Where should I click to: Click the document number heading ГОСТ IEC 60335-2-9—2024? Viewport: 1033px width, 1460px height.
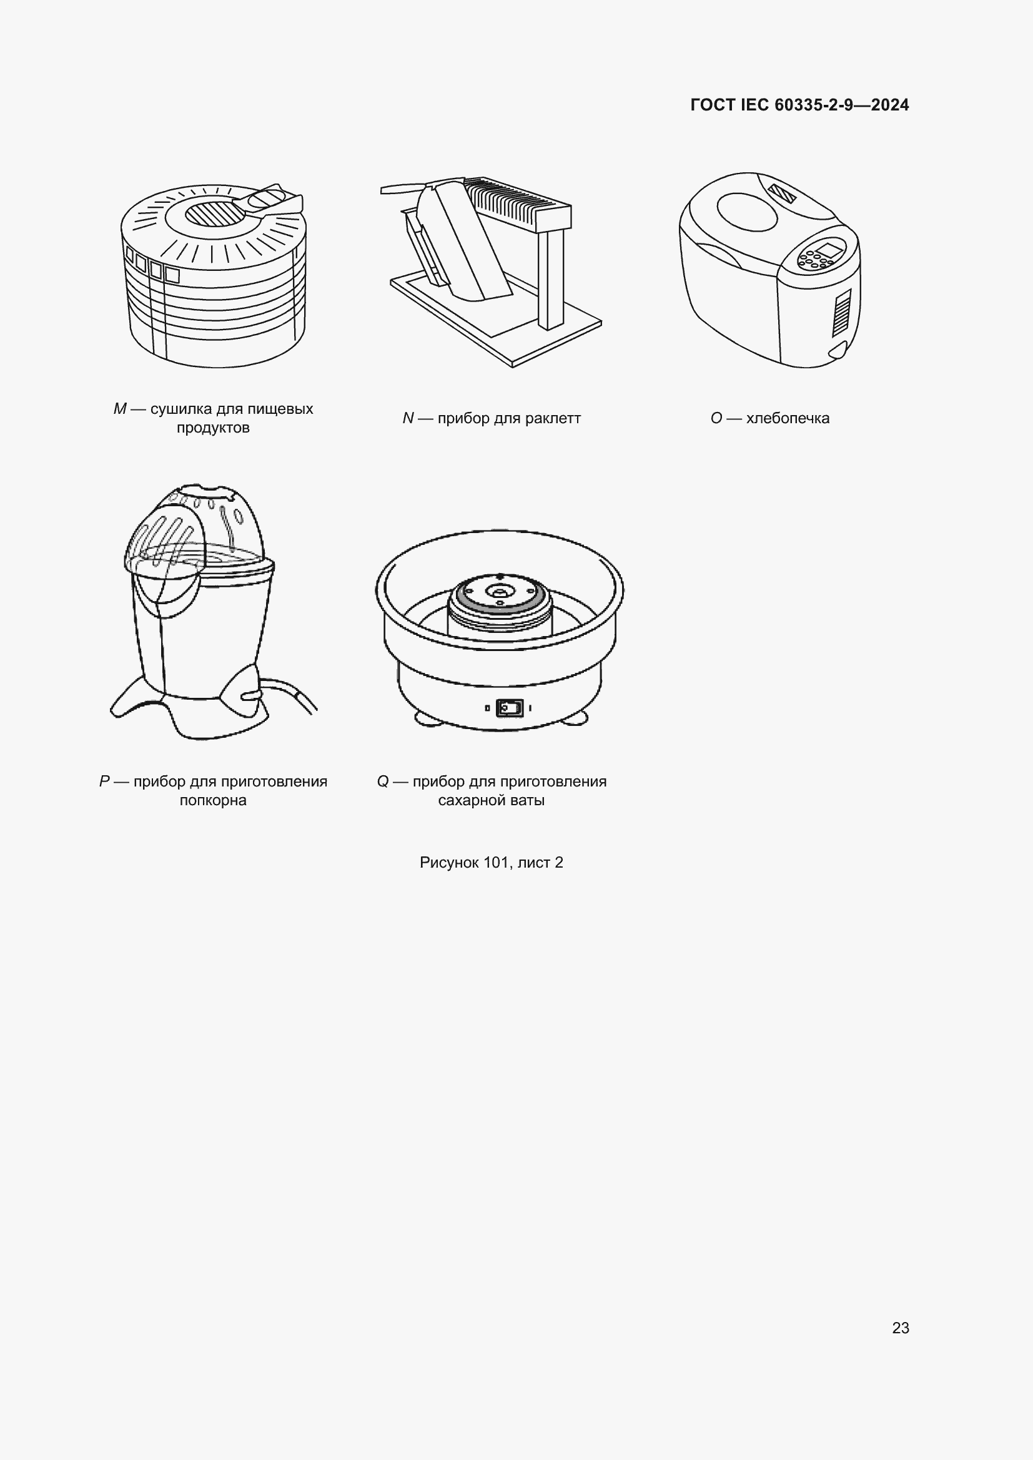[x=799, y=105]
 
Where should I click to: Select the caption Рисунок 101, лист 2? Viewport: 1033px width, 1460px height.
[x=491, y=862]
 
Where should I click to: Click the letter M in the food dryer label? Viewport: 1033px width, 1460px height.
[x=119, y=409]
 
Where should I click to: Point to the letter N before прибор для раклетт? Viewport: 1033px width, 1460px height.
[x=408, y=418]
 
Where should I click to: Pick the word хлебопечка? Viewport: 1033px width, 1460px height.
[x=788, y=418]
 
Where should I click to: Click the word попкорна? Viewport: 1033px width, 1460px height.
[x=213, y=800]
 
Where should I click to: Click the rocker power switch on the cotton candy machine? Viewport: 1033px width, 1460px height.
[x=509, y=708]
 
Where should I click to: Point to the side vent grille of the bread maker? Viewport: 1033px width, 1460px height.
[x=841, y=313]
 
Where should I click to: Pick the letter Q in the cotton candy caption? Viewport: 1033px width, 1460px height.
[x=382, y=781]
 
